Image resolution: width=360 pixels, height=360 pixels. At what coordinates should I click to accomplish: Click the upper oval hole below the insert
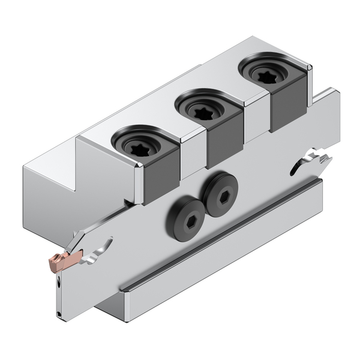(58, 280)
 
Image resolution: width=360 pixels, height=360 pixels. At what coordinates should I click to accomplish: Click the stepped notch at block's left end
(72, 162)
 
